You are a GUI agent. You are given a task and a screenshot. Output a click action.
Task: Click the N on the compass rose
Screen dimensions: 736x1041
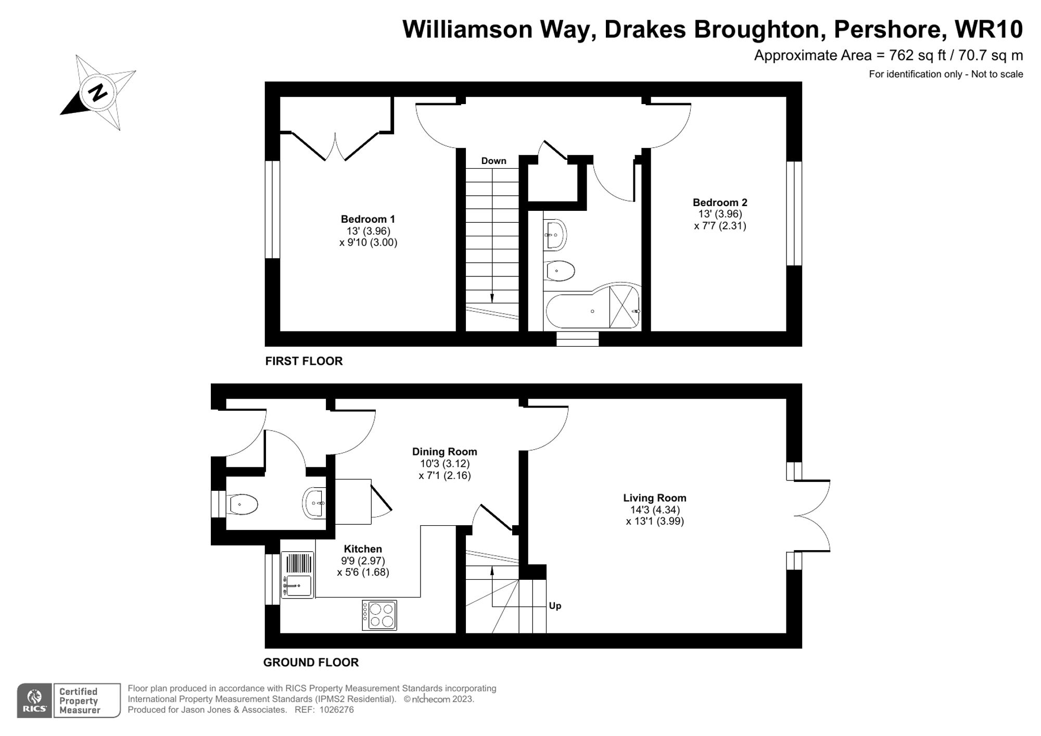[x=97, y=93]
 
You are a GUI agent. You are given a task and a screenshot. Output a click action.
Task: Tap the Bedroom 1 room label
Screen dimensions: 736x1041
[x=368, y=219]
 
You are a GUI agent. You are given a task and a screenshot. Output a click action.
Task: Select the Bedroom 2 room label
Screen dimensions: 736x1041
[x=720, y=202]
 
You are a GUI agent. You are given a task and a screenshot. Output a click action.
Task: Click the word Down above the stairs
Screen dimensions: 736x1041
[x=493, y=161]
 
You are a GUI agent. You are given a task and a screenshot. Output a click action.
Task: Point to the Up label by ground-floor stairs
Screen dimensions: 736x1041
[x=555, y=606]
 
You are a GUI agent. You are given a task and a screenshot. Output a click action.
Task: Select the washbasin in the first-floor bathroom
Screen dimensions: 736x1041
[x=555, y=235]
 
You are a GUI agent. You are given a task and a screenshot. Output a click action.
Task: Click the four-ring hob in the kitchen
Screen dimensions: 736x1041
[x=379, y=615]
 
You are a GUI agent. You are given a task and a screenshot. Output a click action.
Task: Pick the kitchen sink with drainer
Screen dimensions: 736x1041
[x=298, y=575]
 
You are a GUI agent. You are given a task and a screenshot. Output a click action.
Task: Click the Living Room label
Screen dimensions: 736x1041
[x=654, y=498]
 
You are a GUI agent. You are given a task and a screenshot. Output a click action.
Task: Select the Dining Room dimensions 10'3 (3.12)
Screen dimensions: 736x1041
[x=445, y=464]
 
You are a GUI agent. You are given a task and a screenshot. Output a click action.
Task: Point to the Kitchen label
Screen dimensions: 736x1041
[x=363, y=549]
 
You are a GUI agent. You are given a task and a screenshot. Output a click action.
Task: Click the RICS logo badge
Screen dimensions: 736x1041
[x=34, y=700]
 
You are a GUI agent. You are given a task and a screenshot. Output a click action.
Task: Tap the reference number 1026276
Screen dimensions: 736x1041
[x=336, y=710]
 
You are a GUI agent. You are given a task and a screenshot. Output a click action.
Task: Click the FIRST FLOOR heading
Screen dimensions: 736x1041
[x=304, y=361]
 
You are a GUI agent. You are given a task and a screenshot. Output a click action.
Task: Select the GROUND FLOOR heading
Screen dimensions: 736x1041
[x=311, y=663]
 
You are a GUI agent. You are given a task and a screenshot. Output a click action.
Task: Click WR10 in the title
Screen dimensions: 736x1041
[x=988, y=30]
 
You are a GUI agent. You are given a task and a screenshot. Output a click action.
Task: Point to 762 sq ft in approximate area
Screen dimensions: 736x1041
[x=917, y=55]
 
